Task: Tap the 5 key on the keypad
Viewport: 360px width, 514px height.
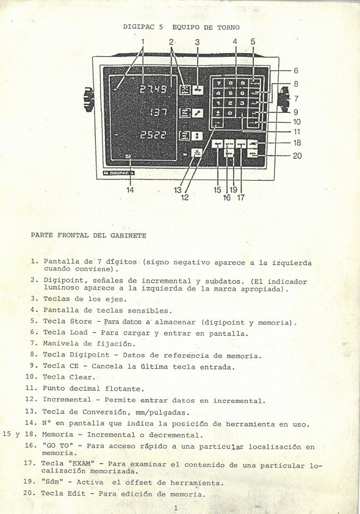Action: tap(231, 93)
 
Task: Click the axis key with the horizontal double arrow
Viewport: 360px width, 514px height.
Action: tap(198, 90)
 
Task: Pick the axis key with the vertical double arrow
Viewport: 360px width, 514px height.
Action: tap(197, 136)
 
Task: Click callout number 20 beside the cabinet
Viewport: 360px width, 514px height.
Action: tap(297, 156)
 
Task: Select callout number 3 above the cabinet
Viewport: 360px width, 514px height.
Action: tap(197, 42)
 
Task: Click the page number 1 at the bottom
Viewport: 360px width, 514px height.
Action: tap(175, 507)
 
